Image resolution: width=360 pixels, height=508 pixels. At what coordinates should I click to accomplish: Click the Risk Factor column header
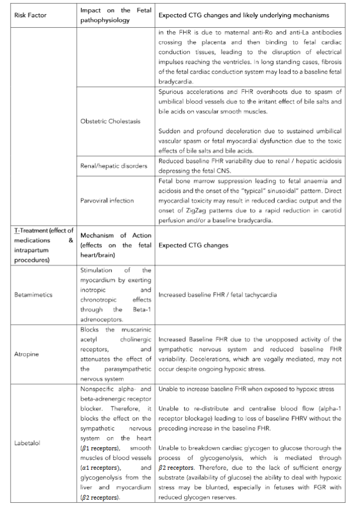tap(30, 15)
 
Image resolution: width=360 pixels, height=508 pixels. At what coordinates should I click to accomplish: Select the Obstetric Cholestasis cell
tap(110, 121)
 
